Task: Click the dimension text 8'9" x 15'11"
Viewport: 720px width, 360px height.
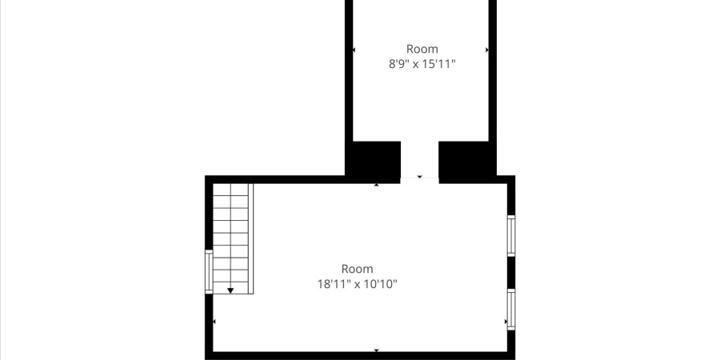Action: (421, 65)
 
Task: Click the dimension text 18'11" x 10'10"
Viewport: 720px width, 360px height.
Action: (357, 284)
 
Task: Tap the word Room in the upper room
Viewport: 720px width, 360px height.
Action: (422, 49)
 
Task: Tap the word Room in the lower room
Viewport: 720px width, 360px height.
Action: (357, 269)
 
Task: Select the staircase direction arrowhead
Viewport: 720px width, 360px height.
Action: (230, 290)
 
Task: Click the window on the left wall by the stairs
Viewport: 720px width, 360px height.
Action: (210, 272)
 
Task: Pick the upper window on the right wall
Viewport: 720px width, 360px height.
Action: (511, 235)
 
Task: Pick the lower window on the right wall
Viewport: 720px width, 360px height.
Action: (511, 310)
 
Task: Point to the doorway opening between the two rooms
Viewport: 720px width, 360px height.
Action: (419, 164)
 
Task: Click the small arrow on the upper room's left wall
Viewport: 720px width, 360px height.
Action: (354, 50)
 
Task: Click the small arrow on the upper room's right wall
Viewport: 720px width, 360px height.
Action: (487, 50)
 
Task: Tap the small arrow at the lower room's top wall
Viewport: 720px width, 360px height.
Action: (377, 185)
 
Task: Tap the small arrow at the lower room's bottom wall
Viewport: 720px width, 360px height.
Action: (377, 350)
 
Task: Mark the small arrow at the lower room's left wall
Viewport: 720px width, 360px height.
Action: (214, 322)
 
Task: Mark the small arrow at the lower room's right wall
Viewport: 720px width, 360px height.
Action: (506, 322)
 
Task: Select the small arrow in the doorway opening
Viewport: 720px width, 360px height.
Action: (419, 176)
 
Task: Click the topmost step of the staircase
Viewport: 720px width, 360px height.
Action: (232, 190)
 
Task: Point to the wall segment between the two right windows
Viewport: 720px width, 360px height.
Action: (511, 272)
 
